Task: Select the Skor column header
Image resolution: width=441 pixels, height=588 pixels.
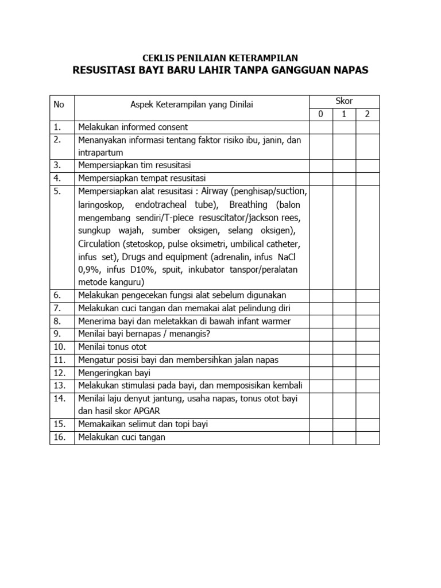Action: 344,101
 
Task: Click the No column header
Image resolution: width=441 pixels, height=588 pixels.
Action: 59,105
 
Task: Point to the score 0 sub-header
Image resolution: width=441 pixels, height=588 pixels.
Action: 321,114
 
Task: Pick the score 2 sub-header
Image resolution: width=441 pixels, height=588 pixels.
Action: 367,114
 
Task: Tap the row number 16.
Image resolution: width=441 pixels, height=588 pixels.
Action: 59,438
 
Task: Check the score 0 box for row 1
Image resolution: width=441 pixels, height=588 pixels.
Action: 321,127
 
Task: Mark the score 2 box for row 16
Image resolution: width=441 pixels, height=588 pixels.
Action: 367,438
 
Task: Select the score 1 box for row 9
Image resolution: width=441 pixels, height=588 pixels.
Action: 344,334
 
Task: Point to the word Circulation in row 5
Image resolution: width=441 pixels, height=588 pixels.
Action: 99,243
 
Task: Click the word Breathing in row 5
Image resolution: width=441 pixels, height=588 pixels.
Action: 249,205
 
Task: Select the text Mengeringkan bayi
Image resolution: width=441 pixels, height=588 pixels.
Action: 110,373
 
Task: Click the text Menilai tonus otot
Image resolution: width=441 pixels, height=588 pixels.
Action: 112,347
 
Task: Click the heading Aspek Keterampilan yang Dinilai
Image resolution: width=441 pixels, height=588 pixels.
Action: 192,105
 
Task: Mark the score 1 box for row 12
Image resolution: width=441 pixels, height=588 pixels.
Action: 344,373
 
